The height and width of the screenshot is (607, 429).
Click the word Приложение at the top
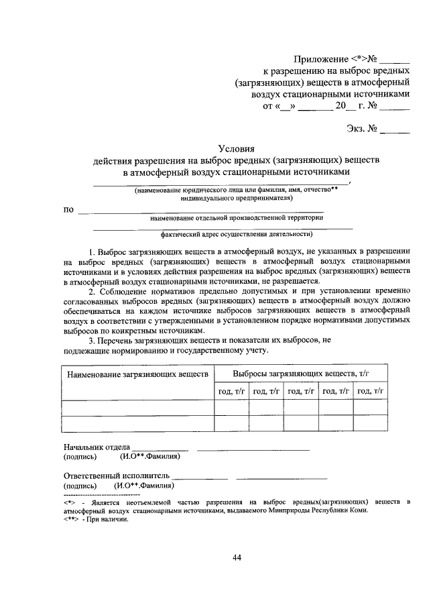(320, 59)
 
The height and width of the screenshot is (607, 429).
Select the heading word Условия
(236, 149)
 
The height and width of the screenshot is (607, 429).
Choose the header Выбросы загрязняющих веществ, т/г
(302, 372)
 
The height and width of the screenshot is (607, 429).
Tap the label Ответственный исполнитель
(113, 476)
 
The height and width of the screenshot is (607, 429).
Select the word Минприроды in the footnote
(297, 510)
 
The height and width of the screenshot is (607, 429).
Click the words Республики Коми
(343, 510)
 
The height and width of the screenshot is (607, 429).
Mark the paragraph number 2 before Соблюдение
(92, 291)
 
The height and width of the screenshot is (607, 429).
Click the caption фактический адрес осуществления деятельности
(237, 235)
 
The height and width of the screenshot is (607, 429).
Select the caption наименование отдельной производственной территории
(237, 217)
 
